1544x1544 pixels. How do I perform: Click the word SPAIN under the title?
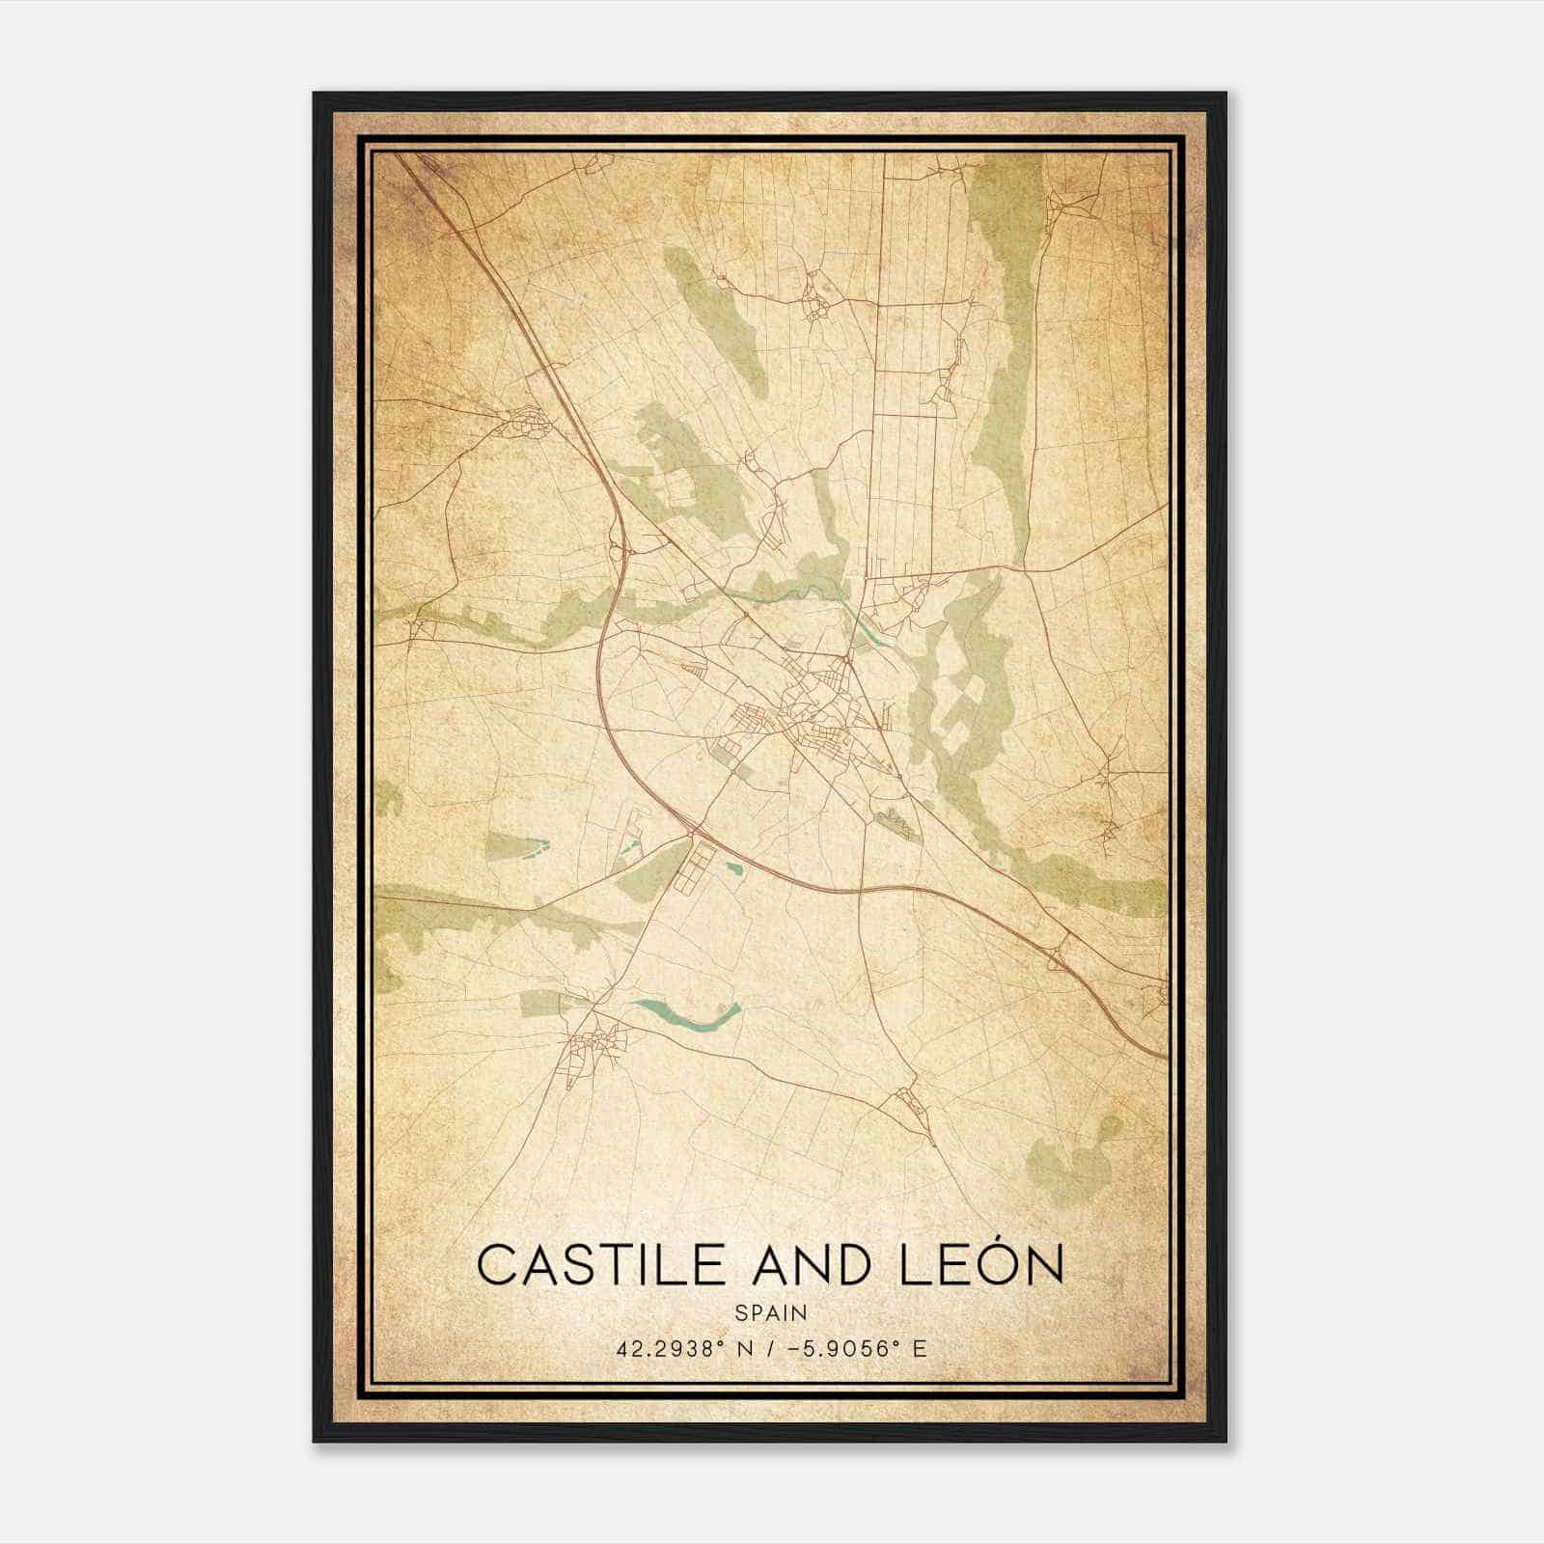[771, 1313]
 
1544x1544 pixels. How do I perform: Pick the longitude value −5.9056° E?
[858, 1348]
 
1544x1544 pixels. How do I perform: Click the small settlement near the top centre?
[816, 294]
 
